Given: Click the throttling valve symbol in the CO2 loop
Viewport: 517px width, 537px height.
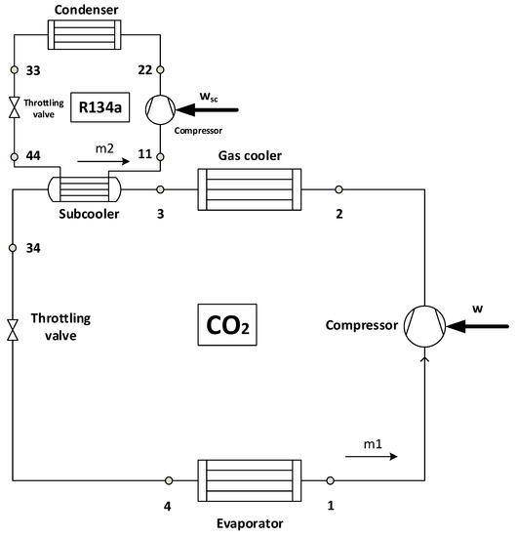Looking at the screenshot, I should coord(13,329).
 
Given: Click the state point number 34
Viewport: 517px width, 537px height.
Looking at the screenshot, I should coord(34,248).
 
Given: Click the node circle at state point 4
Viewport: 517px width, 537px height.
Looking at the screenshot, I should coord(169,479).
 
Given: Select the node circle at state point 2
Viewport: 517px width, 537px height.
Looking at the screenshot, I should coord(338,187).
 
